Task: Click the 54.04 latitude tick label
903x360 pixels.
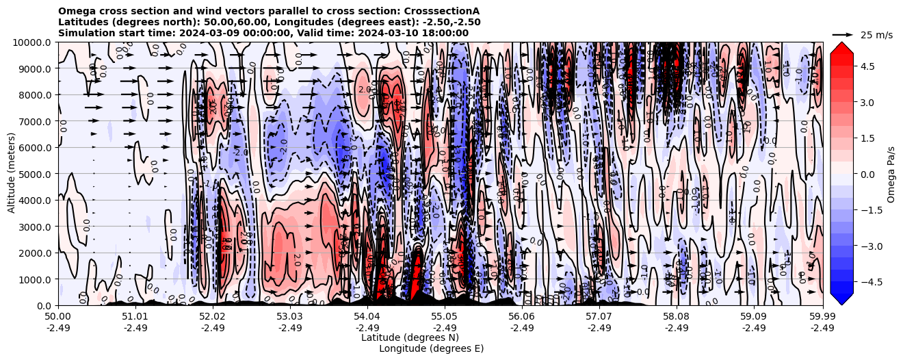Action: pyautogui.click(x=367, y=317)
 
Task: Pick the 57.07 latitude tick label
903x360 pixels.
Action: pyautogui.click(x=599, y=317)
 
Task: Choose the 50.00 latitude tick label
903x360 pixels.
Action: pyautogui.click(x=58, y=317)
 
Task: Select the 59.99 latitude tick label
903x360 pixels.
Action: pyautogui.click(x=822, y=317)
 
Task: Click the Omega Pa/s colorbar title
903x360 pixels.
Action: pyautogui.click(x=891, y=175)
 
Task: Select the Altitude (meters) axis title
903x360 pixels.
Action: pyautogui.click(x=12, y=174)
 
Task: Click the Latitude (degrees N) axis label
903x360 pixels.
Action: pyautogui.click(x=410, y=337)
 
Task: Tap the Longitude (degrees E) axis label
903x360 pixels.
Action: pyautogui.click(x=431, y=348)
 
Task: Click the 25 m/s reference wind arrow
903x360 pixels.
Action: pyautogui.click(x=842, y=34)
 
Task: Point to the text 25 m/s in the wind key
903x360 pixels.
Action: pyautogui.click(x=876, y=35)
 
